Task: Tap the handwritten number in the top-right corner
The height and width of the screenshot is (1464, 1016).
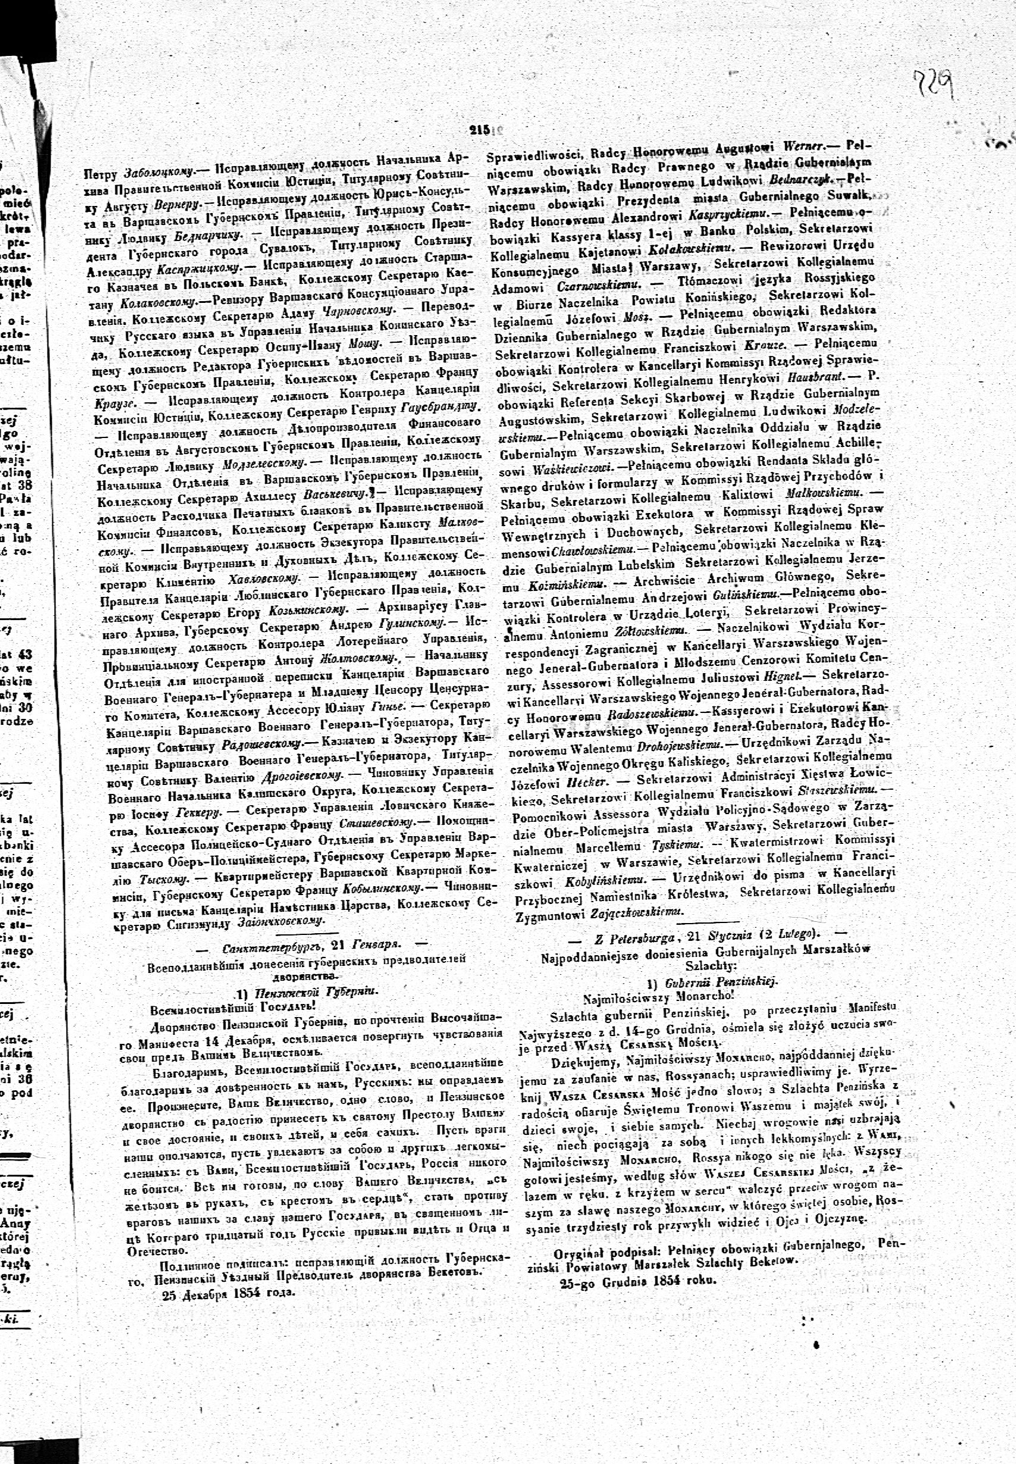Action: pos(936,83)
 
